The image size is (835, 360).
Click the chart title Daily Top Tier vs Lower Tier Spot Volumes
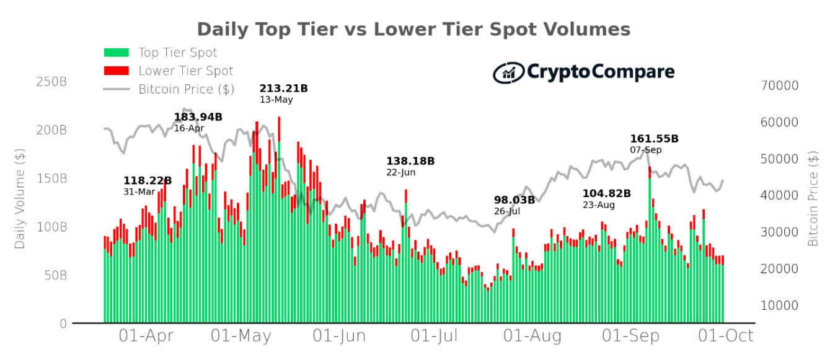413,30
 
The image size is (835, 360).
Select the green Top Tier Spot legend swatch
116,53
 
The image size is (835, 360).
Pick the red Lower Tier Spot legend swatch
116,71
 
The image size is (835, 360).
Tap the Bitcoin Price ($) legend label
186,89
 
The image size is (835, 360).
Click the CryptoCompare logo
583,72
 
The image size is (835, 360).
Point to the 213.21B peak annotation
283,89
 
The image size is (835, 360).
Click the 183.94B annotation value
198,117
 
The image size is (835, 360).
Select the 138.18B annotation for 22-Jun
410,161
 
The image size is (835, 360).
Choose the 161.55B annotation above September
654,139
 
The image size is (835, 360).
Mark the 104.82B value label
606,193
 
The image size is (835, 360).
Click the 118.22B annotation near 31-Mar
148,181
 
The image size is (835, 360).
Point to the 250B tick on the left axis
51,82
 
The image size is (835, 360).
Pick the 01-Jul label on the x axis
435,336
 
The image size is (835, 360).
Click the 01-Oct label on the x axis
726,336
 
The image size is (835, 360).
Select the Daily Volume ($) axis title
20,199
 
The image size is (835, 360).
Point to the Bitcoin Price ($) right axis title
813,199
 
